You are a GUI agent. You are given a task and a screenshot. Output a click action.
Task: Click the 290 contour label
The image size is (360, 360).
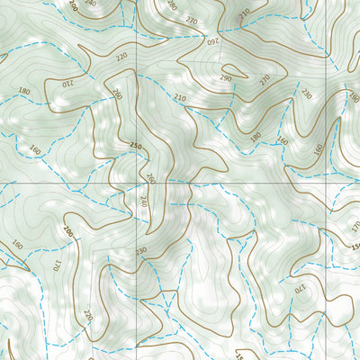[x=224, y=78]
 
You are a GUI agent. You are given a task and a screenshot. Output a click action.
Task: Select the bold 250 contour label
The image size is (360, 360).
[x=136, y=146]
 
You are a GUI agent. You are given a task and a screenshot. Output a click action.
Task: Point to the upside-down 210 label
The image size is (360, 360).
[x=67, y=84]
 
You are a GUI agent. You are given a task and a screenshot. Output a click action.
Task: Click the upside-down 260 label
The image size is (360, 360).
[x=213, y=41]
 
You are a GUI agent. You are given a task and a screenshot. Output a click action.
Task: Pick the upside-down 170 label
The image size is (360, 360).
[x=300, y=289]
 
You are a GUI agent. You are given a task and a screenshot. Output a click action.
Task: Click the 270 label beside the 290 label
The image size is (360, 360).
[x=265, y=79]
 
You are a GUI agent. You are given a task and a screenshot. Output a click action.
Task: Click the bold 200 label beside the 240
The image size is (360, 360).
[x=72, y=6]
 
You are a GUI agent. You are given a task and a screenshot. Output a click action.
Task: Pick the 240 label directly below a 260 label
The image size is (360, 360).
[x=142, y=200]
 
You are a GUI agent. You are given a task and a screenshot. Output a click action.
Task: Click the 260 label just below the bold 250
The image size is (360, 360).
[x=150, y=178]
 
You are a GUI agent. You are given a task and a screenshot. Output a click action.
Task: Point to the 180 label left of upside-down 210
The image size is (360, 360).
[x=24, y=92]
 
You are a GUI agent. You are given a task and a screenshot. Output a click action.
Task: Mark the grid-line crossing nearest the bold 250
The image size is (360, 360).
[x=139, y=181]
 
